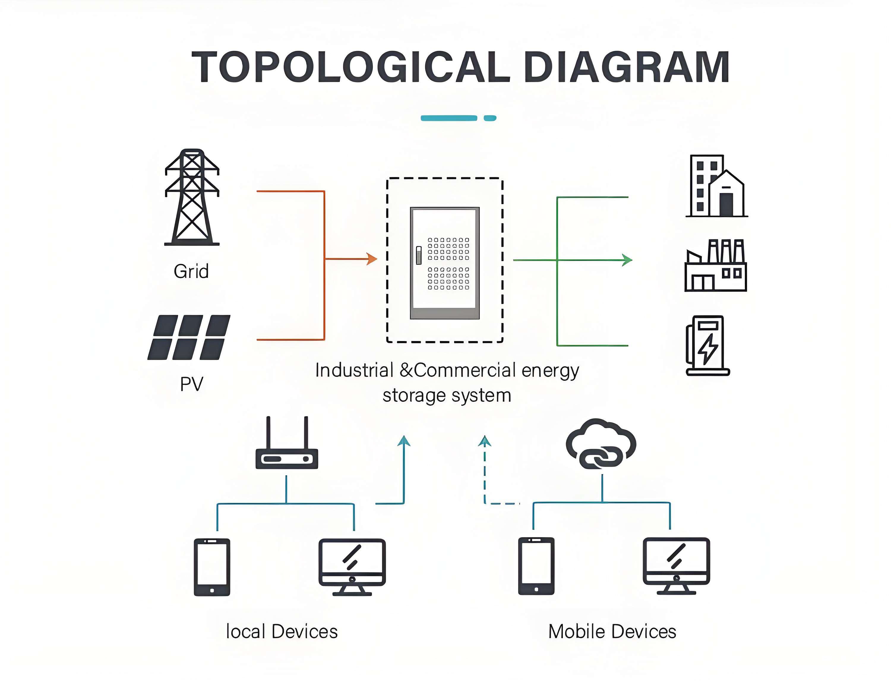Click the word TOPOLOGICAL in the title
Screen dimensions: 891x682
pos(351,67)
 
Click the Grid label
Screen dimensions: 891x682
pos(191,271)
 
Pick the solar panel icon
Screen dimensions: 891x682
pos(189,337)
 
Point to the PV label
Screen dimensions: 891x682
pos(191,384)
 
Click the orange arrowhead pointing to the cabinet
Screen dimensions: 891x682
pos(372,259)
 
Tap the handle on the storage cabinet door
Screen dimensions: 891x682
pos(419,255)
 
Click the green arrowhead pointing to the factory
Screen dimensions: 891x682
pos(627,260)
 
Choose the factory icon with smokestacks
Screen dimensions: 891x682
pos(716,266)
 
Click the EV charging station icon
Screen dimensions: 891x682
pos(707,345)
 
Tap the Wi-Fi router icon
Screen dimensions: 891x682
pos(287,443)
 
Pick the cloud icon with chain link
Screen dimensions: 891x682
pos(601,444)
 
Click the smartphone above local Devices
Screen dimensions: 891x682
pos(212,567)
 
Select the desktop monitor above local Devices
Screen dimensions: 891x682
pos(352,567)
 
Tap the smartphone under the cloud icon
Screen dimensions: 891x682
pos(536,566)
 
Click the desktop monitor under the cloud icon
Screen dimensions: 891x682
pos(676,566)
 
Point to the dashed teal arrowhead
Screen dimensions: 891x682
pos(485,441)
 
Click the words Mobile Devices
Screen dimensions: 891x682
pos(612,632)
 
